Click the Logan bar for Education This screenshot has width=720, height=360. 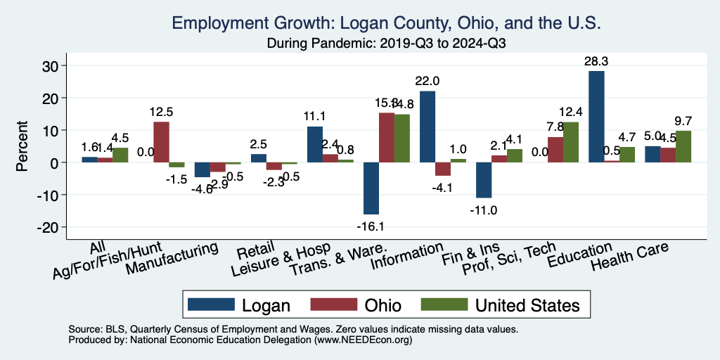coord(597,117)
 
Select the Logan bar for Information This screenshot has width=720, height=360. coord(427,127)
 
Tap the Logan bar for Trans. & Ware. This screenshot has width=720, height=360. coord(371,188)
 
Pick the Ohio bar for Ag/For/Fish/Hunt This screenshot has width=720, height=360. coord(161,142)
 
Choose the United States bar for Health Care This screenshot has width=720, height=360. coord(683,146)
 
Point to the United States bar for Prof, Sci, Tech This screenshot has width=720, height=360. coord(571,142)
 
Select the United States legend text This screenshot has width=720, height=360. coord(527,305)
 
